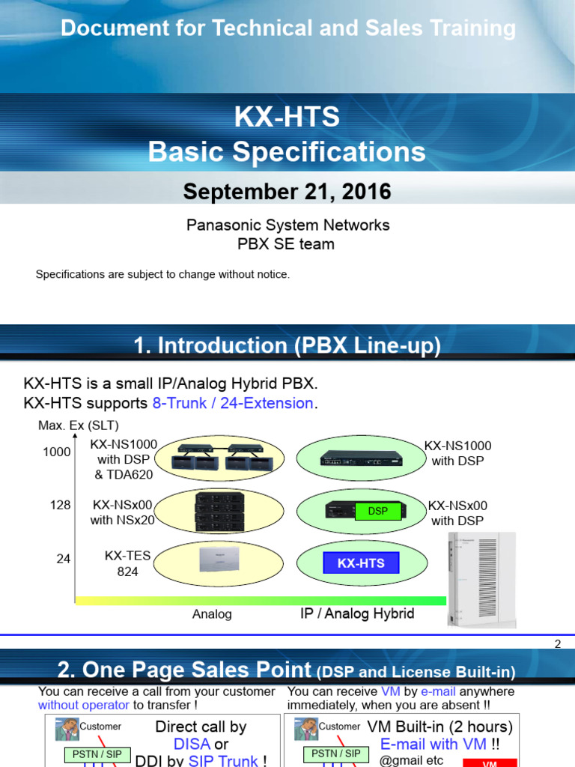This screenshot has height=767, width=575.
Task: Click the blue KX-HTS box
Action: click(361, 563)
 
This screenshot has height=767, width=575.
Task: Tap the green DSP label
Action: click(378, 511)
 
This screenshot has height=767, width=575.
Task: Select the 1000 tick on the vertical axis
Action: click(57, 452)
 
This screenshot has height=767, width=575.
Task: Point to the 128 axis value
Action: click(61, 505)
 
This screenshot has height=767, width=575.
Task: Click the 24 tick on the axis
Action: click(64, 558)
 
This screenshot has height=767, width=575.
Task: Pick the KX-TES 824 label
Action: click(127, 563)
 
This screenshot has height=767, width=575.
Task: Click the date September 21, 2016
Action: click(287, 192)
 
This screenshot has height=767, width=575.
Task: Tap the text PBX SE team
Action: click(287, 244)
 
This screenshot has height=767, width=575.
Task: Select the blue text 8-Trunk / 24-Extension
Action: click(232, 403)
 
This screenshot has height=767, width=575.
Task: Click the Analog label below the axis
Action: click(212, 614)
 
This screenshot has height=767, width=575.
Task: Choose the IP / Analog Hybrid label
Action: click(357, 613)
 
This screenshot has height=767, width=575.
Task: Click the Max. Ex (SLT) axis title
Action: click(79, 426)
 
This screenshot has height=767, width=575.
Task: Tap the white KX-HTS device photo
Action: click(484, 578)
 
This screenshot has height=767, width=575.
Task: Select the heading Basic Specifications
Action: click(287, 152)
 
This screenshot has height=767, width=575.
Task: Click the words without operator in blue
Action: click(84, 705)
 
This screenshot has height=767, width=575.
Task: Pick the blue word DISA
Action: click(191, 744)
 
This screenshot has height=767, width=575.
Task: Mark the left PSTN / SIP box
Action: click(97, 754)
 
